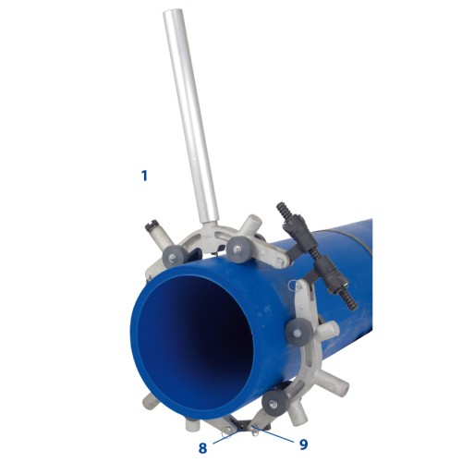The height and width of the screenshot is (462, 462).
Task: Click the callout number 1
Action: (144, 176)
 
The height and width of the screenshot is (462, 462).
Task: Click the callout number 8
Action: (202, 448)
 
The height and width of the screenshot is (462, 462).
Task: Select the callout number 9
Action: (303, 444)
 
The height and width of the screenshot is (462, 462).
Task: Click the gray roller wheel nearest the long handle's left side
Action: (174, 256)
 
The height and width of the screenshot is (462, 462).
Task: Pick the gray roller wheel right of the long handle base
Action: (239, 249)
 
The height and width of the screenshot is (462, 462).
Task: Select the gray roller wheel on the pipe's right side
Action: (298, 334)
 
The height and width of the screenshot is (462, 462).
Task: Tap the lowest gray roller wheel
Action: (274, 404)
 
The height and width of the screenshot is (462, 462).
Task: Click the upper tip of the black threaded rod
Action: (279, 205)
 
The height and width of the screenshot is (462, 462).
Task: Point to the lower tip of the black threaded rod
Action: (355, 307)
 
